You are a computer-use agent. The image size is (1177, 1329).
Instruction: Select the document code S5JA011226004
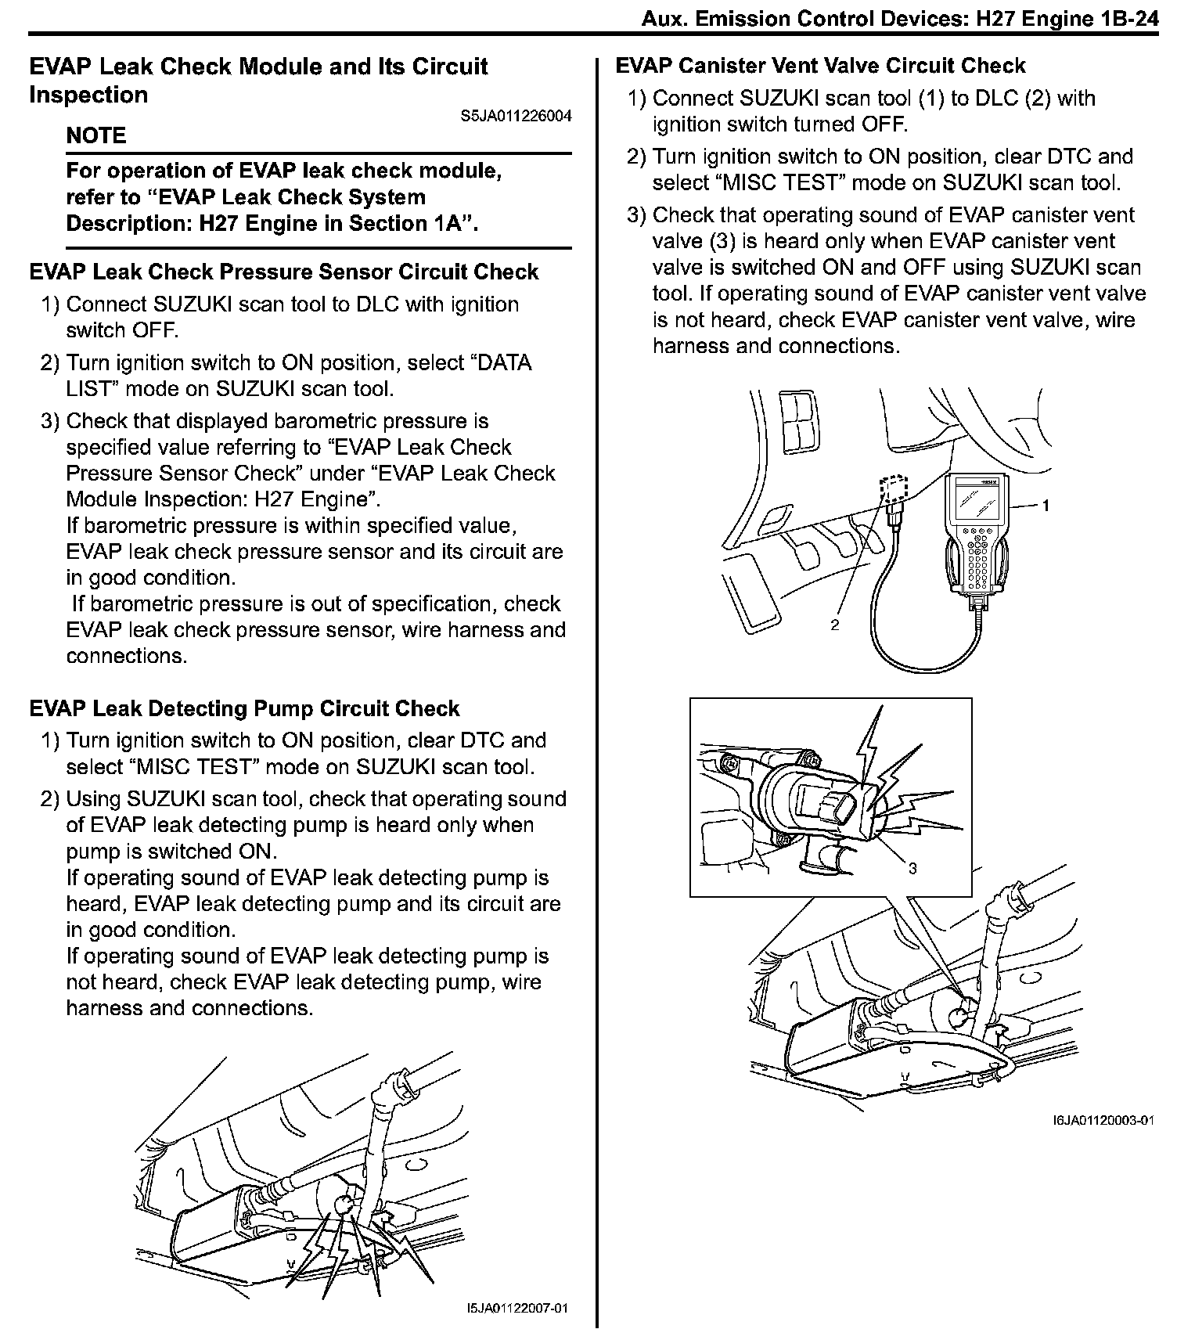[516, 117]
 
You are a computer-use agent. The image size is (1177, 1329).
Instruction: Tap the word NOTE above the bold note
[95, 135]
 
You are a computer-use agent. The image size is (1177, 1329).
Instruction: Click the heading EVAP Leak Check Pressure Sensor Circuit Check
[283, 272]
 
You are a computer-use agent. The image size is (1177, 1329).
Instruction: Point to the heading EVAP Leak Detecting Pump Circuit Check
[244, 708]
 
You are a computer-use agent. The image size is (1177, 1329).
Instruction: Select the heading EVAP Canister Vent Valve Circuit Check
[820, 66]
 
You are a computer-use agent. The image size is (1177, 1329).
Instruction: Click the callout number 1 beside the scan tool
[1046, 506]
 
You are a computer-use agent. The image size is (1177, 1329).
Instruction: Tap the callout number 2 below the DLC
[834, 625]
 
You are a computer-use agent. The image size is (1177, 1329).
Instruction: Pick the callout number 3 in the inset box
[912, 867]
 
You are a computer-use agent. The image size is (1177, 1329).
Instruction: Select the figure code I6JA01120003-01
[1103, 1119]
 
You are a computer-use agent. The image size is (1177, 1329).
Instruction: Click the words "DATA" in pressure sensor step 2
[503, 363]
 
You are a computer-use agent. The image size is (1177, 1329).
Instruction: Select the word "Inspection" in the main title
[88, 95]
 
